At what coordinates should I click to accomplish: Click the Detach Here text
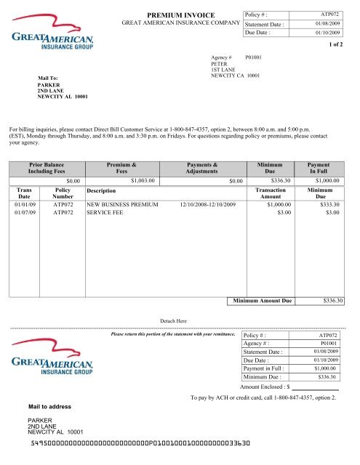172,320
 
